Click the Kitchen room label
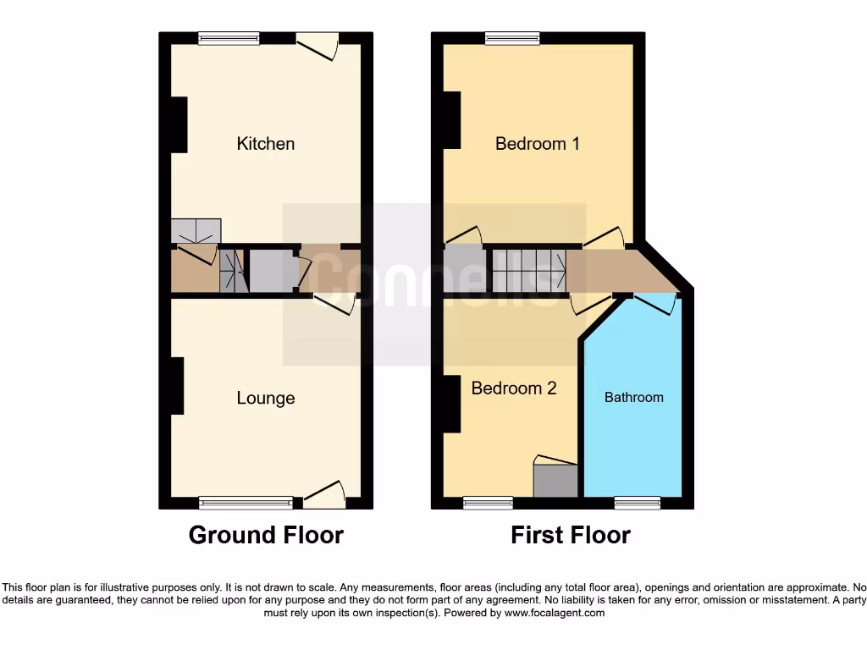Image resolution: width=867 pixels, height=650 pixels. point(266,144)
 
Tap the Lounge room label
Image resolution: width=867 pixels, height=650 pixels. point(266,398)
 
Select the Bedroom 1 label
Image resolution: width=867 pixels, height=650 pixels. point(538,144)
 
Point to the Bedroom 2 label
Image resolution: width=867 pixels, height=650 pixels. point(514,388)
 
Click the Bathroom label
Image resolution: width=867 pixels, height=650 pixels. point(633,397)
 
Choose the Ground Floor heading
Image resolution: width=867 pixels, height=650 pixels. point(266,535)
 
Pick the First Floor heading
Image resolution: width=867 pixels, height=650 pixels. point(571,535)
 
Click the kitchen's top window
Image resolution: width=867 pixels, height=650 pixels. point(229,38)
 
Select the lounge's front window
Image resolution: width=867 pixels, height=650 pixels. point(246,503)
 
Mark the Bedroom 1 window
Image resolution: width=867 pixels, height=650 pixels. point(512,38)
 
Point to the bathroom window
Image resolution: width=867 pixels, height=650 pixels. point(638,503)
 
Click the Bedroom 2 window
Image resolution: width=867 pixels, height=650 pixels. point(488,503)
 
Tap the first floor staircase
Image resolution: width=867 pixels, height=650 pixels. point(529,270)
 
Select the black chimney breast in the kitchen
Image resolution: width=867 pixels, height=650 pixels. point(178,124)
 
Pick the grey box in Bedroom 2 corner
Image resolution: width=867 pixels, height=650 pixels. point(555,480)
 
